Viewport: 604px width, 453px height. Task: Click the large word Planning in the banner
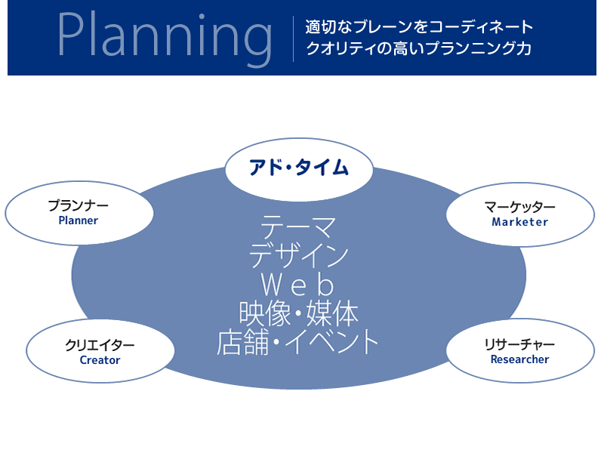pos(165,39)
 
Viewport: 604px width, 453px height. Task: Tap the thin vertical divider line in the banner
pos(293,39)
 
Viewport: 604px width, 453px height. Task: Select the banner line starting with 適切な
pos(419,26)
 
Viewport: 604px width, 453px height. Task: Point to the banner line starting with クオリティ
pos(419,48)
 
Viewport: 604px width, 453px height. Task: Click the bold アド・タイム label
pos(298,168)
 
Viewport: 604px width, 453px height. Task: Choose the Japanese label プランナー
pos(79,205)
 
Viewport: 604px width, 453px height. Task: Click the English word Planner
pos(79,220)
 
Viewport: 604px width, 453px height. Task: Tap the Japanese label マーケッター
pos(519,207)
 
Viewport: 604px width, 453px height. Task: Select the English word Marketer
pos(519,222)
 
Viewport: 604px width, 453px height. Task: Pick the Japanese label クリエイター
pos(100,345)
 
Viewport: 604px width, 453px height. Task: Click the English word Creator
pos(100,360)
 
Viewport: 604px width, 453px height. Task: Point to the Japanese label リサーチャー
pos(519,344)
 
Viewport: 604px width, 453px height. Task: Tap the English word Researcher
pos(519,359)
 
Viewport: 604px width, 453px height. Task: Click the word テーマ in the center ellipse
pos(298,227)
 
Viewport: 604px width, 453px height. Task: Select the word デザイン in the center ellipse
pos(298,255)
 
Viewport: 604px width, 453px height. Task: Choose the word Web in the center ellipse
pos(297,285)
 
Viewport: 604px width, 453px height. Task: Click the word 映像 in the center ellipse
pos(265,314)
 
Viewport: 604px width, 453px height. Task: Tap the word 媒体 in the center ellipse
pos(332,314)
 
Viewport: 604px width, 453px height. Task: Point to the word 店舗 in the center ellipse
pos(242,342)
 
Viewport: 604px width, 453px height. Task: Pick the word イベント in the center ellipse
pos(332,342)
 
